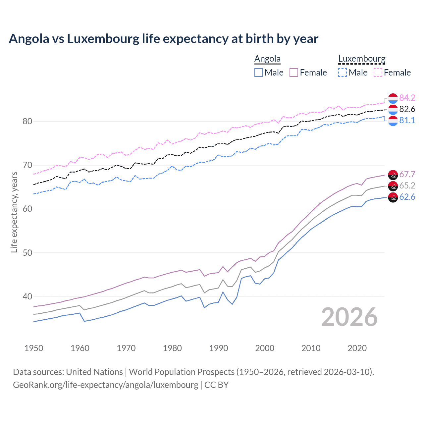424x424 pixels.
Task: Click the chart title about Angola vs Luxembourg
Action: (x=163, y=39)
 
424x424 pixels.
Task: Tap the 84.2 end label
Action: (x=407, y=98)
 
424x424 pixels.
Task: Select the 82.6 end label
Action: (x=407, y=109)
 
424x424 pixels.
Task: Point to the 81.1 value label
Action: (x=407, y=120)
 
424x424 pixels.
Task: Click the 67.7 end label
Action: (x=407, y=174)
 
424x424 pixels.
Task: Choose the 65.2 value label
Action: (x=407, y=185)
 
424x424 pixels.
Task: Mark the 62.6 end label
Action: (x=407, y=197)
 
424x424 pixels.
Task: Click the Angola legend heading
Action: (x=267, y=59)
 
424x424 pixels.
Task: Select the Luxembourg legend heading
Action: (x=362, y=59)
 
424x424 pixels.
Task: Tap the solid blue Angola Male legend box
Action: (x=259, y=73)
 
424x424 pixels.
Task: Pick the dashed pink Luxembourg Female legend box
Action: (x=378, y=73)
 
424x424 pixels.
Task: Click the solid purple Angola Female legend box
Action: (x=294, y=73)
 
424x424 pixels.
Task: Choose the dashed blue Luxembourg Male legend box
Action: (x=343, y=73)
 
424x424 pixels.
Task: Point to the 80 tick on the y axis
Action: (x=27, y=121)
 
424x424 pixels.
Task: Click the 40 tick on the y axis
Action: (x=27, y=296)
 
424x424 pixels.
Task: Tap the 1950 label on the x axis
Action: (x=34, y=348)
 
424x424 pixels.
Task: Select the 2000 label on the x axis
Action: (x=265, y=348)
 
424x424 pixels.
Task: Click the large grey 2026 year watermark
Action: (x=349, y=317)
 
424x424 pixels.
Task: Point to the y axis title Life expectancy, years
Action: (x=14, y=212)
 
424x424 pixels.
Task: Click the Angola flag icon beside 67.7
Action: (x=393, y=174)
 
